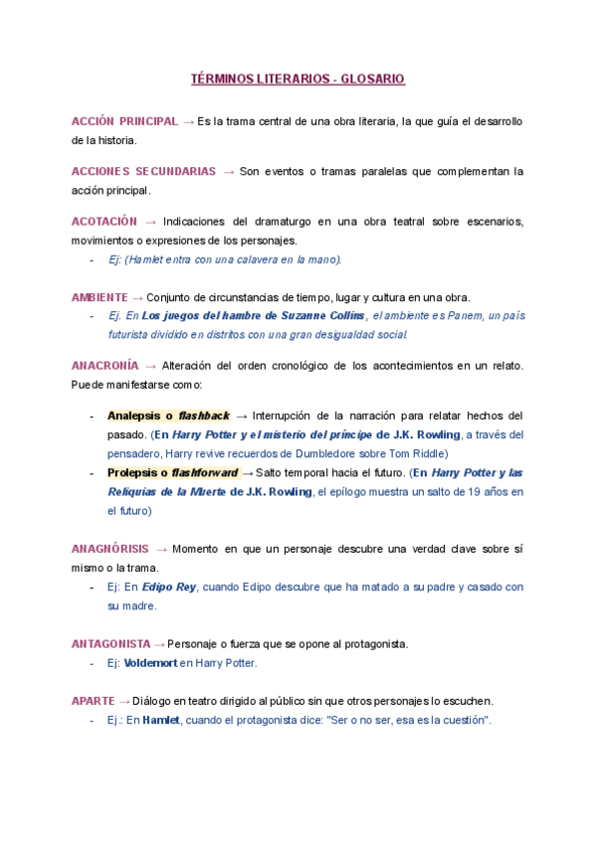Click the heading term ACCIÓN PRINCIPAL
(x=124, y=121)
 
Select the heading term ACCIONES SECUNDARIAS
(x=143, y=171)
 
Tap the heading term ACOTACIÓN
(x=103, y=221)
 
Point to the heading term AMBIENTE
(x=99, y=297)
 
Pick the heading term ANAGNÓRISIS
(x=110, y=548)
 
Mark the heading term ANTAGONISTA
(x=110, y=644)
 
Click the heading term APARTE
(x=93, y=701)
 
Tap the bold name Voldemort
(x=149, y=663)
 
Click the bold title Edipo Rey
(x=168, y=588)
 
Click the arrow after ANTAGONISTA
(x=160, y=644)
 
